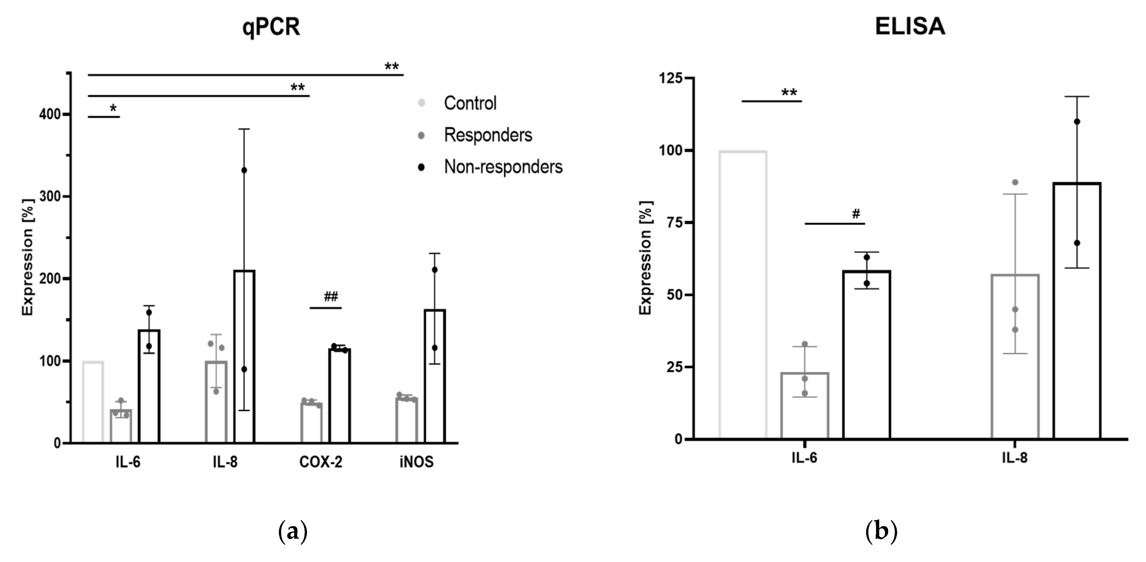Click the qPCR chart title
pyautogui.click(x=271, y=27)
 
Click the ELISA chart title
pyautogui.click(x=910, y=27)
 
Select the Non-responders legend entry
pyautogui.click(x=503, y=167)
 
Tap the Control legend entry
pyautogui.click(x=470, y=103)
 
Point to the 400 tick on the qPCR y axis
pyautogui.click(x=50, y=115)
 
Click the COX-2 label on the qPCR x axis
pyautogui.click(x=321, y=462)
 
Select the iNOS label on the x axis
pyautogui.click(x=416, y=462)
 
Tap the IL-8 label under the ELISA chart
pyautogui.click(x=1015, y=458)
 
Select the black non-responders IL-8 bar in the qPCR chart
pyautogui.click(x=244, y=356)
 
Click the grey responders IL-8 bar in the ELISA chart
pyautogui.click(x=1015, y=356)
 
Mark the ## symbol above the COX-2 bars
pyautogui.click(x=331, y=297)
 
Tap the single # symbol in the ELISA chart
pyautogui.click(x=856, y=214)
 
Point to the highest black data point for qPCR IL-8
pyautogui.click(x=244, y=170)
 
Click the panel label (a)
pyautogui.click(x=292, y=531)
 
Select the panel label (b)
pyautogui.click(x=881, y=531)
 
